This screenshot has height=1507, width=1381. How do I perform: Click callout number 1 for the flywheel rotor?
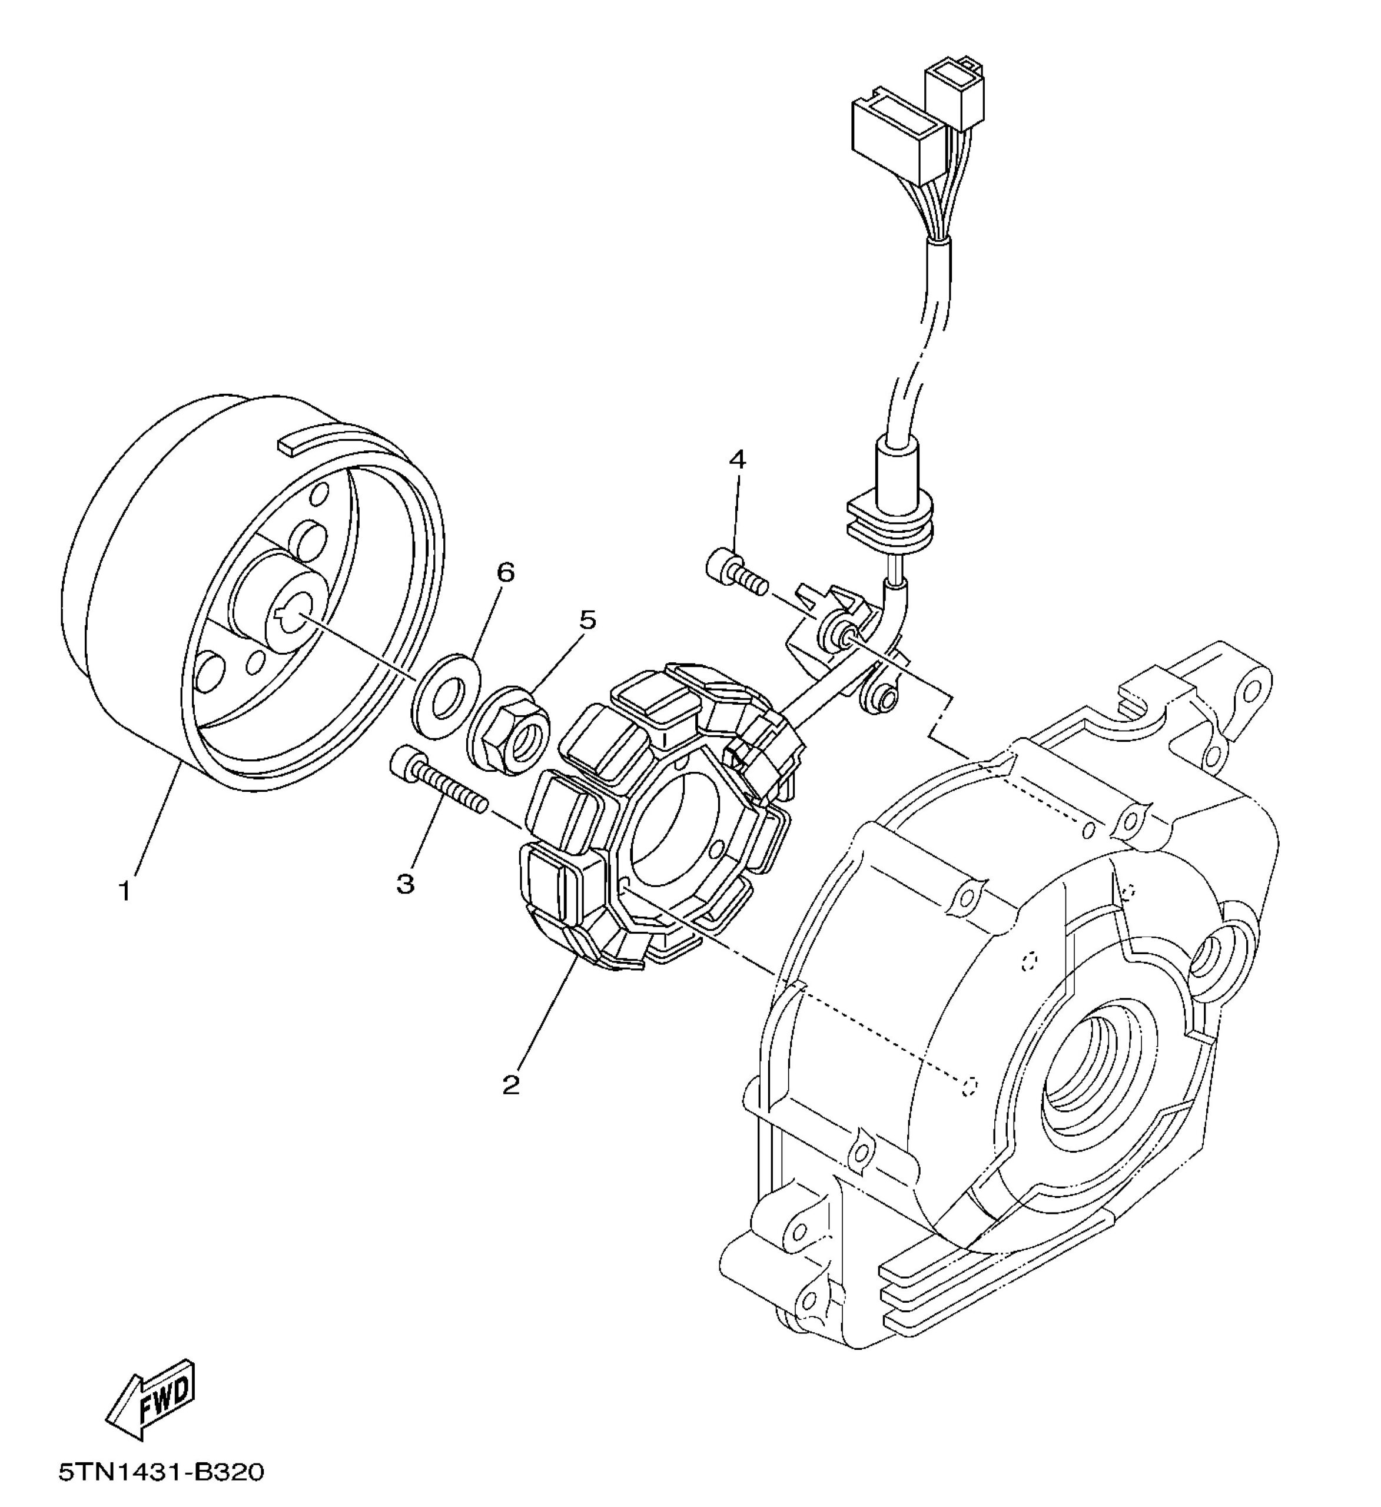[x=125, y=891]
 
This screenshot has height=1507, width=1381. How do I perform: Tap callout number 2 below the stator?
[x=511, y=1085]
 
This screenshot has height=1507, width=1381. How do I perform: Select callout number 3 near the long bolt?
[x=405, y=884]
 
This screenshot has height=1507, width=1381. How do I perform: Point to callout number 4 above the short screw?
[x=737, y=460]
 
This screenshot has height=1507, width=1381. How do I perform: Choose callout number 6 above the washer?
[x=506, y=573]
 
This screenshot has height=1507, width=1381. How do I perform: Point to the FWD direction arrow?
[x=152, y=1396]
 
